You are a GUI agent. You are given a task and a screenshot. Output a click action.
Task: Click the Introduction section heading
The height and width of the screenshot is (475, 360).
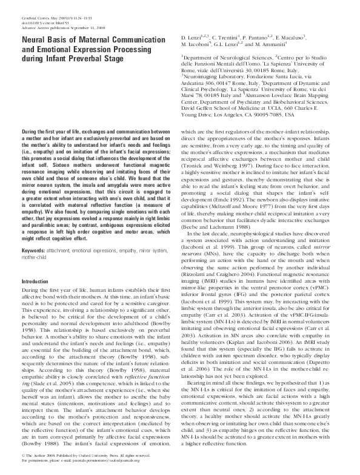tap(35, 282)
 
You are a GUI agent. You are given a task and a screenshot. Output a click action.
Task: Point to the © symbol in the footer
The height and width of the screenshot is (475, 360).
tap(22, 463)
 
